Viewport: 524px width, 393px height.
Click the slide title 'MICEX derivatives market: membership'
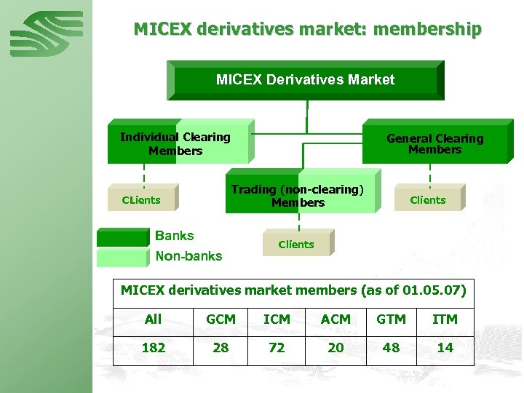pos(307,29)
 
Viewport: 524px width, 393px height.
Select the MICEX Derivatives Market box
pos(305,80)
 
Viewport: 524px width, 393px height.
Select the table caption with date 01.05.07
pos(293,290)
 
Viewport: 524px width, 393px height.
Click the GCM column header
pos(221,319)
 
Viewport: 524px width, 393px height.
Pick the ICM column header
pos(277,319)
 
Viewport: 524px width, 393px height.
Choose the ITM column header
pos(445,319)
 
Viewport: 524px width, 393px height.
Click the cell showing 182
pos(153,348)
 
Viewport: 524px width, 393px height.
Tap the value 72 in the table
pos(277,348)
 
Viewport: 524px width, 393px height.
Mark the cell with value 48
pos(391,348)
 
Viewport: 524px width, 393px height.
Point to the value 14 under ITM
pos(445,348)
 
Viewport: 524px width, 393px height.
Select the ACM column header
pos(335,319)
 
